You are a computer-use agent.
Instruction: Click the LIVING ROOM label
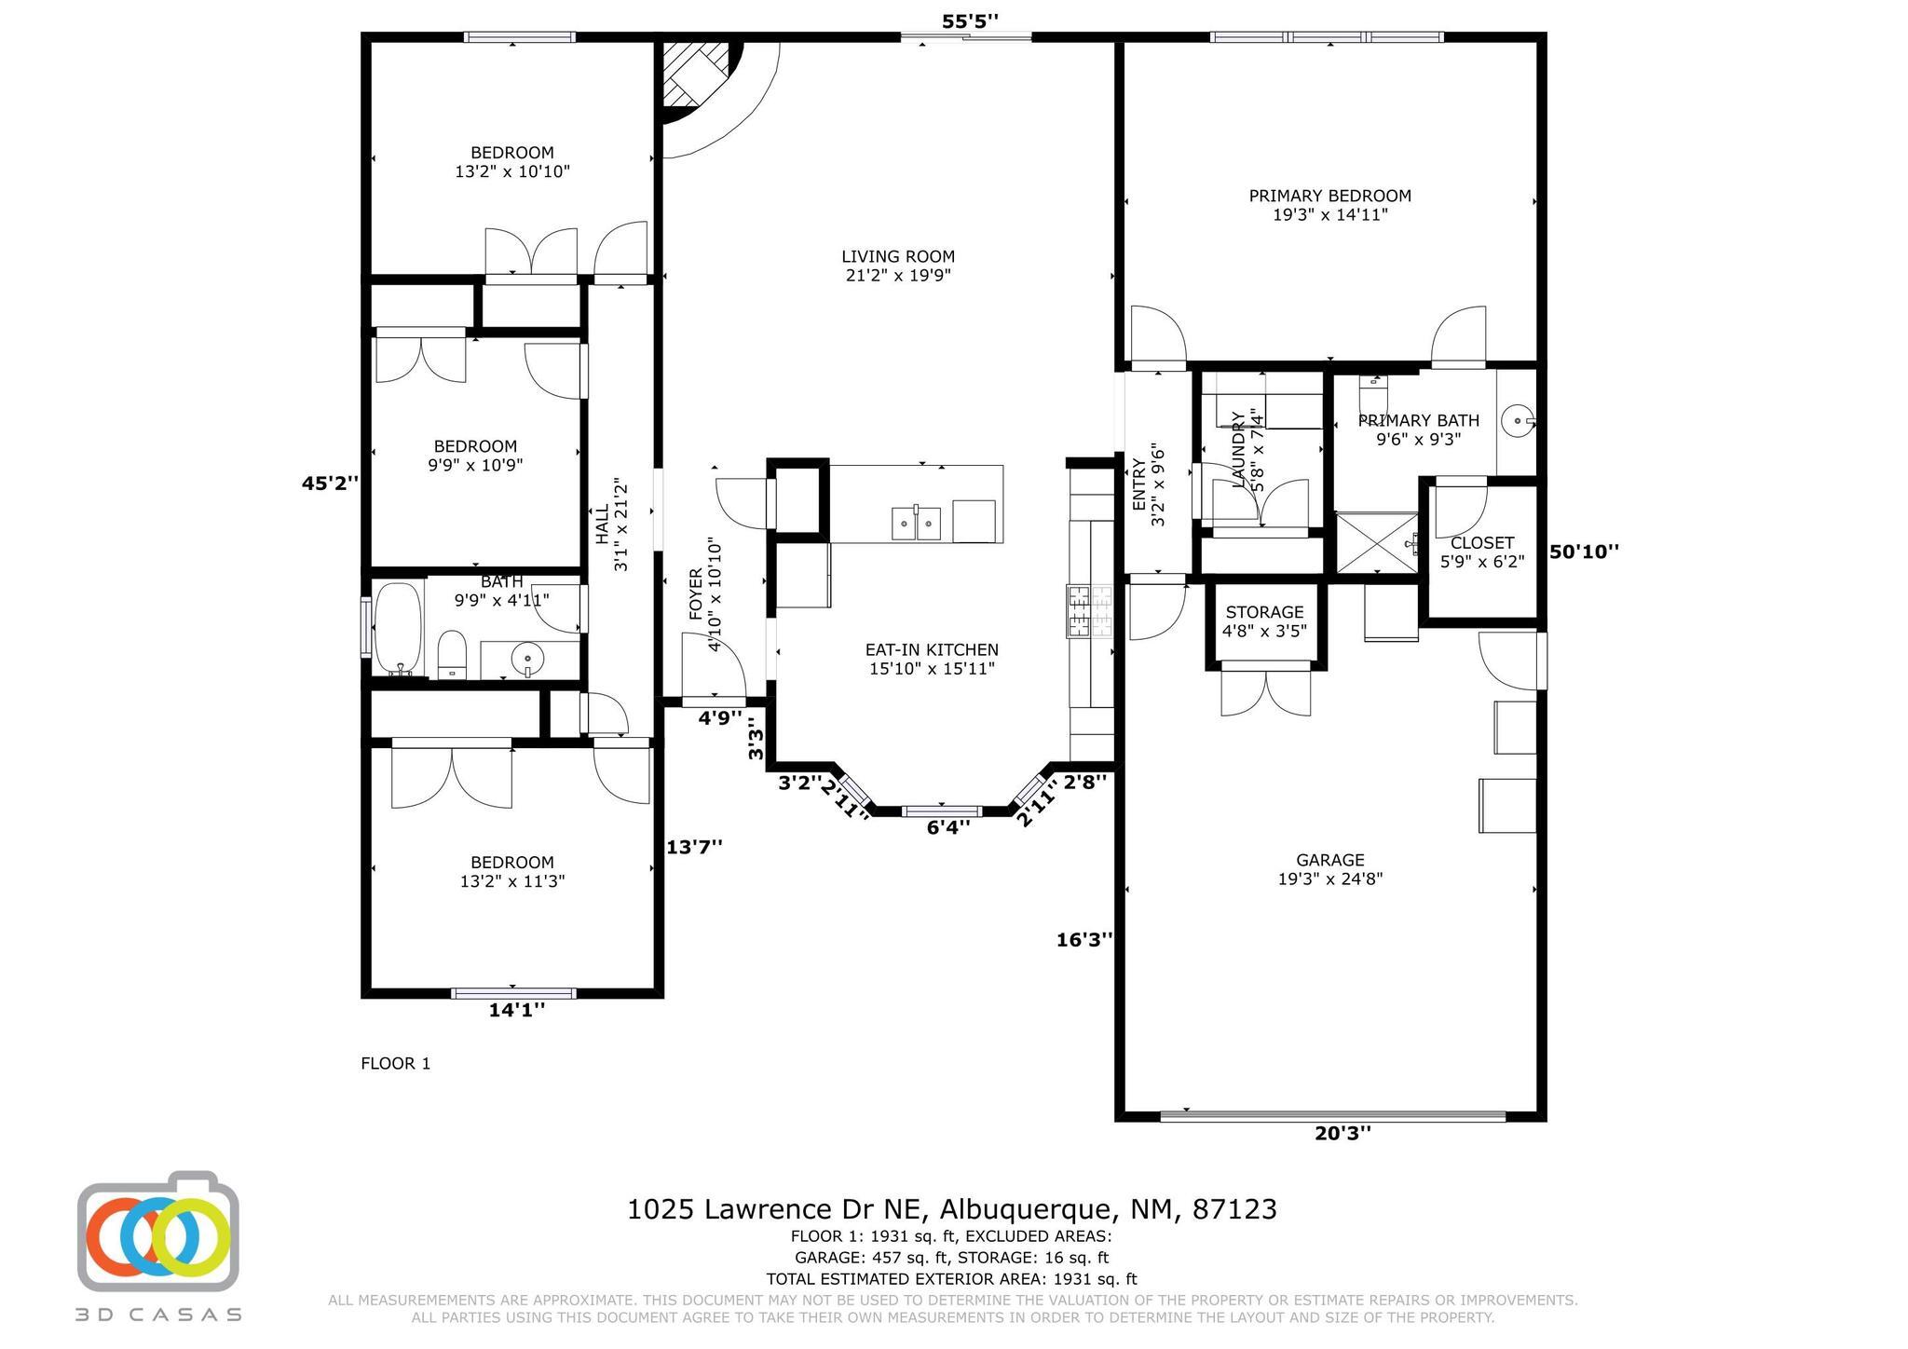898,257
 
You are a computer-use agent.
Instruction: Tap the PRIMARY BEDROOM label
1329,196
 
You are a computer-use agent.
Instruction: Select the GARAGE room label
1329,860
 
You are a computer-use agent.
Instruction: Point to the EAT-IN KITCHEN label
932,650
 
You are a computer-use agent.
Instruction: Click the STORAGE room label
1264,612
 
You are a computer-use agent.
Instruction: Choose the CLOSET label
1482,542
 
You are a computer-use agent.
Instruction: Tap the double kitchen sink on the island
917,523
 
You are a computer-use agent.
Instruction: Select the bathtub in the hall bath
398,629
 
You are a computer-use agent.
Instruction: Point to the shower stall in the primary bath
1376,542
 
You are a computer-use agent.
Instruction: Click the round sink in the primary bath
1518,421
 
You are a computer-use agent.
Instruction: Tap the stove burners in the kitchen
1090,611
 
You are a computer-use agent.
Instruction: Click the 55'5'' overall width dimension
970,20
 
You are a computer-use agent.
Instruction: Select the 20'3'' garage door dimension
1342,1133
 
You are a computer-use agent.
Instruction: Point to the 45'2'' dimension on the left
330,483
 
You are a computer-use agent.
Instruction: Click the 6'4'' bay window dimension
948,826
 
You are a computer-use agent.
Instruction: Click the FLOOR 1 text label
396,1063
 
